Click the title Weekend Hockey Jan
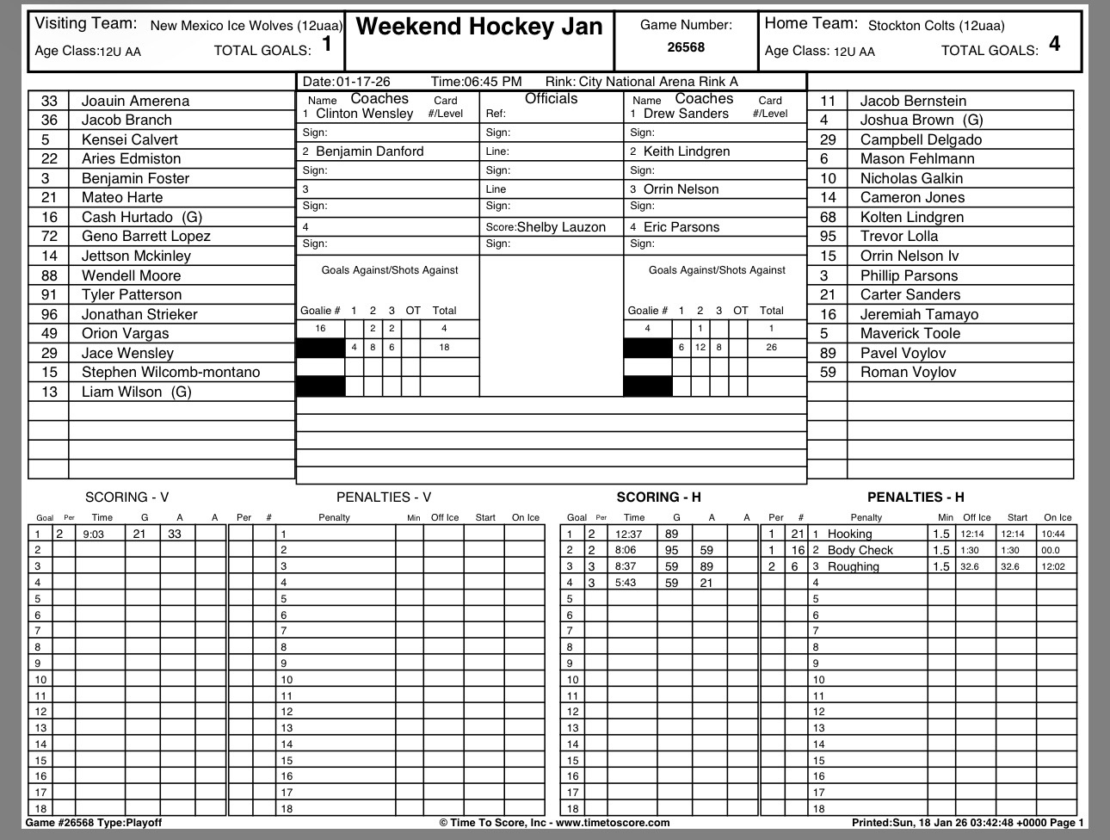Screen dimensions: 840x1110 tap(478, 27)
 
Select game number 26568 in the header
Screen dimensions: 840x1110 tap(686, 47)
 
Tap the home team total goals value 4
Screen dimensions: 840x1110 tap(1054, 44)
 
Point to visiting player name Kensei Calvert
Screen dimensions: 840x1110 tap(129, 139)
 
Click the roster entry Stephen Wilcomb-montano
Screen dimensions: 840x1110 tap(170, 372)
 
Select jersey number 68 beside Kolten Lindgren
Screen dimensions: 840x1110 tap(828, 217)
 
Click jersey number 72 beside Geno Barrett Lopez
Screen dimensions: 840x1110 tap(49, 236)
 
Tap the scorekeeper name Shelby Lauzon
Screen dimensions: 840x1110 tap(561, 227)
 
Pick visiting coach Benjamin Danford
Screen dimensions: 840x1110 tap(370, 151)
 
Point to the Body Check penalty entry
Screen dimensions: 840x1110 tap(860, 550)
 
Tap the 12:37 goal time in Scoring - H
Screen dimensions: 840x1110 tap(629, 534)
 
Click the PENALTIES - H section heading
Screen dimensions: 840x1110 tap(915, 497)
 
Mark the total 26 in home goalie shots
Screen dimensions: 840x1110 tap(771, 348)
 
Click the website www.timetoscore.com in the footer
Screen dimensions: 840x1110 tap(614, 823)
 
